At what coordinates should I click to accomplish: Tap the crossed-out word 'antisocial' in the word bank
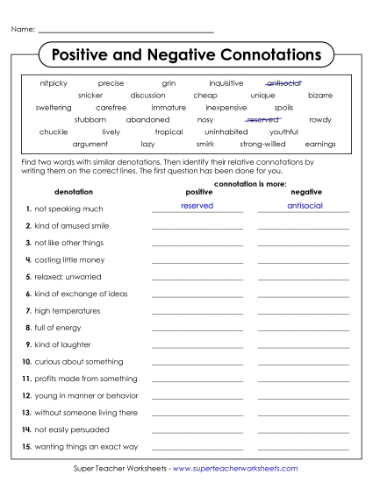click(x=283, y=82)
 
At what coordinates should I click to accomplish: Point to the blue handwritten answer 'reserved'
click(x=197, y=205)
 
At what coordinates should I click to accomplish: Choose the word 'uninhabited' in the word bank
click(x=226, y=131)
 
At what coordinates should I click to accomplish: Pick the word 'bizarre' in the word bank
click(x=320, y=95)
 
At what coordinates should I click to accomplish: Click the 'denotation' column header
click(x=73, y=190)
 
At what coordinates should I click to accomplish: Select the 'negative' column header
click(x=305, y=190)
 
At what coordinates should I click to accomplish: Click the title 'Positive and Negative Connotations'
click(x=187, y=54)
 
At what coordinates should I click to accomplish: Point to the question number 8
click(x=29, y=328)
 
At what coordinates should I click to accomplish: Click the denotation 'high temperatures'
click(x=67, y=310)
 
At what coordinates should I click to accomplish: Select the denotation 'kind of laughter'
click(x=62, y=344)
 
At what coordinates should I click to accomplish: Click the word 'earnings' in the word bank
click(x=320, y=144)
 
